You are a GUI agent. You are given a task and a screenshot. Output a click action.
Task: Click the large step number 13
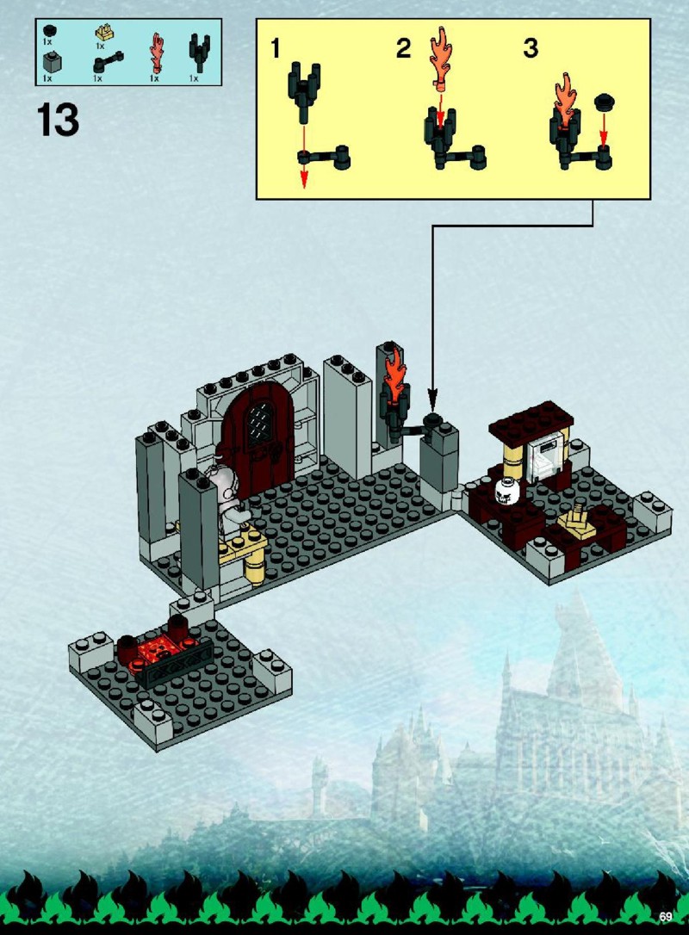[58, 120]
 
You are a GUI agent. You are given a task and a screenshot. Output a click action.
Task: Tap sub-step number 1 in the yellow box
[275, 48]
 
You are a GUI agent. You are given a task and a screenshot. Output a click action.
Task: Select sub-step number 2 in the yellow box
[403, 48]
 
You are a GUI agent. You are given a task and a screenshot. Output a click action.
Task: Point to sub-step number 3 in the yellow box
[531, 48]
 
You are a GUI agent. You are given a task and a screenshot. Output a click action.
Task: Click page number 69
[666, 916]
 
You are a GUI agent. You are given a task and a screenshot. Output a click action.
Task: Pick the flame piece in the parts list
[157, 52]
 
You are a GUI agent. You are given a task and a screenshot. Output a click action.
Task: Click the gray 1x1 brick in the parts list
[52, 62]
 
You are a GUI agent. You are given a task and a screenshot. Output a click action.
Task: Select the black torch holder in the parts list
[199, 52]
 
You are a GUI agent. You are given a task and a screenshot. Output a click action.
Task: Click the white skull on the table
[507, 492]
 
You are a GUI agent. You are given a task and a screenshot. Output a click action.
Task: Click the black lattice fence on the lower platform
[174, 663]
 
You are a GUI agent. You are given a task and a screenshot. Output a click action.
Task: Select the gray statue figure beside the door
[226, 500]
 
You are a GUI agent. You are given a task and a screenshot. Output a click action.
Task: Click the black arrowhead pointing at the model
[433, 397]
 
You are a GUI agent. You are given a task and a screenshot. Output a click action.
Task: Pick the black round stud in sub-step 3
[605, 102]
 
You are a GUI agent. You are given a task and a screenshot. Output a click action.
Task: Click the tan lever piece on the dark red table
[577, 523]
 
